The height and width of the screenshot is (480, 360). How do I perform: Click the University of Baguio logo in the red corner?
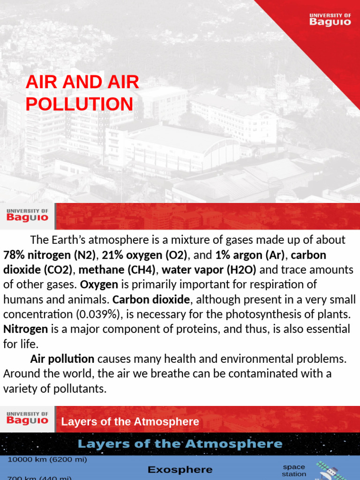point(330,19)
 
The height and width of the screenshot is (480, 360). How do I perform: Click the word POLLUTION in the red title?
point(79,104)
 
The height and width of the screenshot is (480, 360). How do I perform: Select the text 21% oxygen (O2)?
point(144,255)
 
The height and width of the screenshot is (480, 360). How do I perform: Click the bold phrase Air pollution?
point(62,359)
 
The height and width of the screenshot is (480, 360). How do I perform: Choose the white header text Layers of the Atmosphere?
point(130,421)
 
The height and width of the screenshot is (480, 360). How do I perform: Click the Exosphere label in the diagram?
point(180,469)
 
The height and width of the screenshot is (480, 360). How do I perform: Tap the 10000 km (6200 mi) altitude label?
point(47,460)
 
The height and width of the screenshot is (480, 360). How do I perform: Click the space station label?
point(294,470)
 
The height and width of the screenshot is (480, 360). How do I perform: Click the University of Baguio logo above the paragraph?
point(27,216)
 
